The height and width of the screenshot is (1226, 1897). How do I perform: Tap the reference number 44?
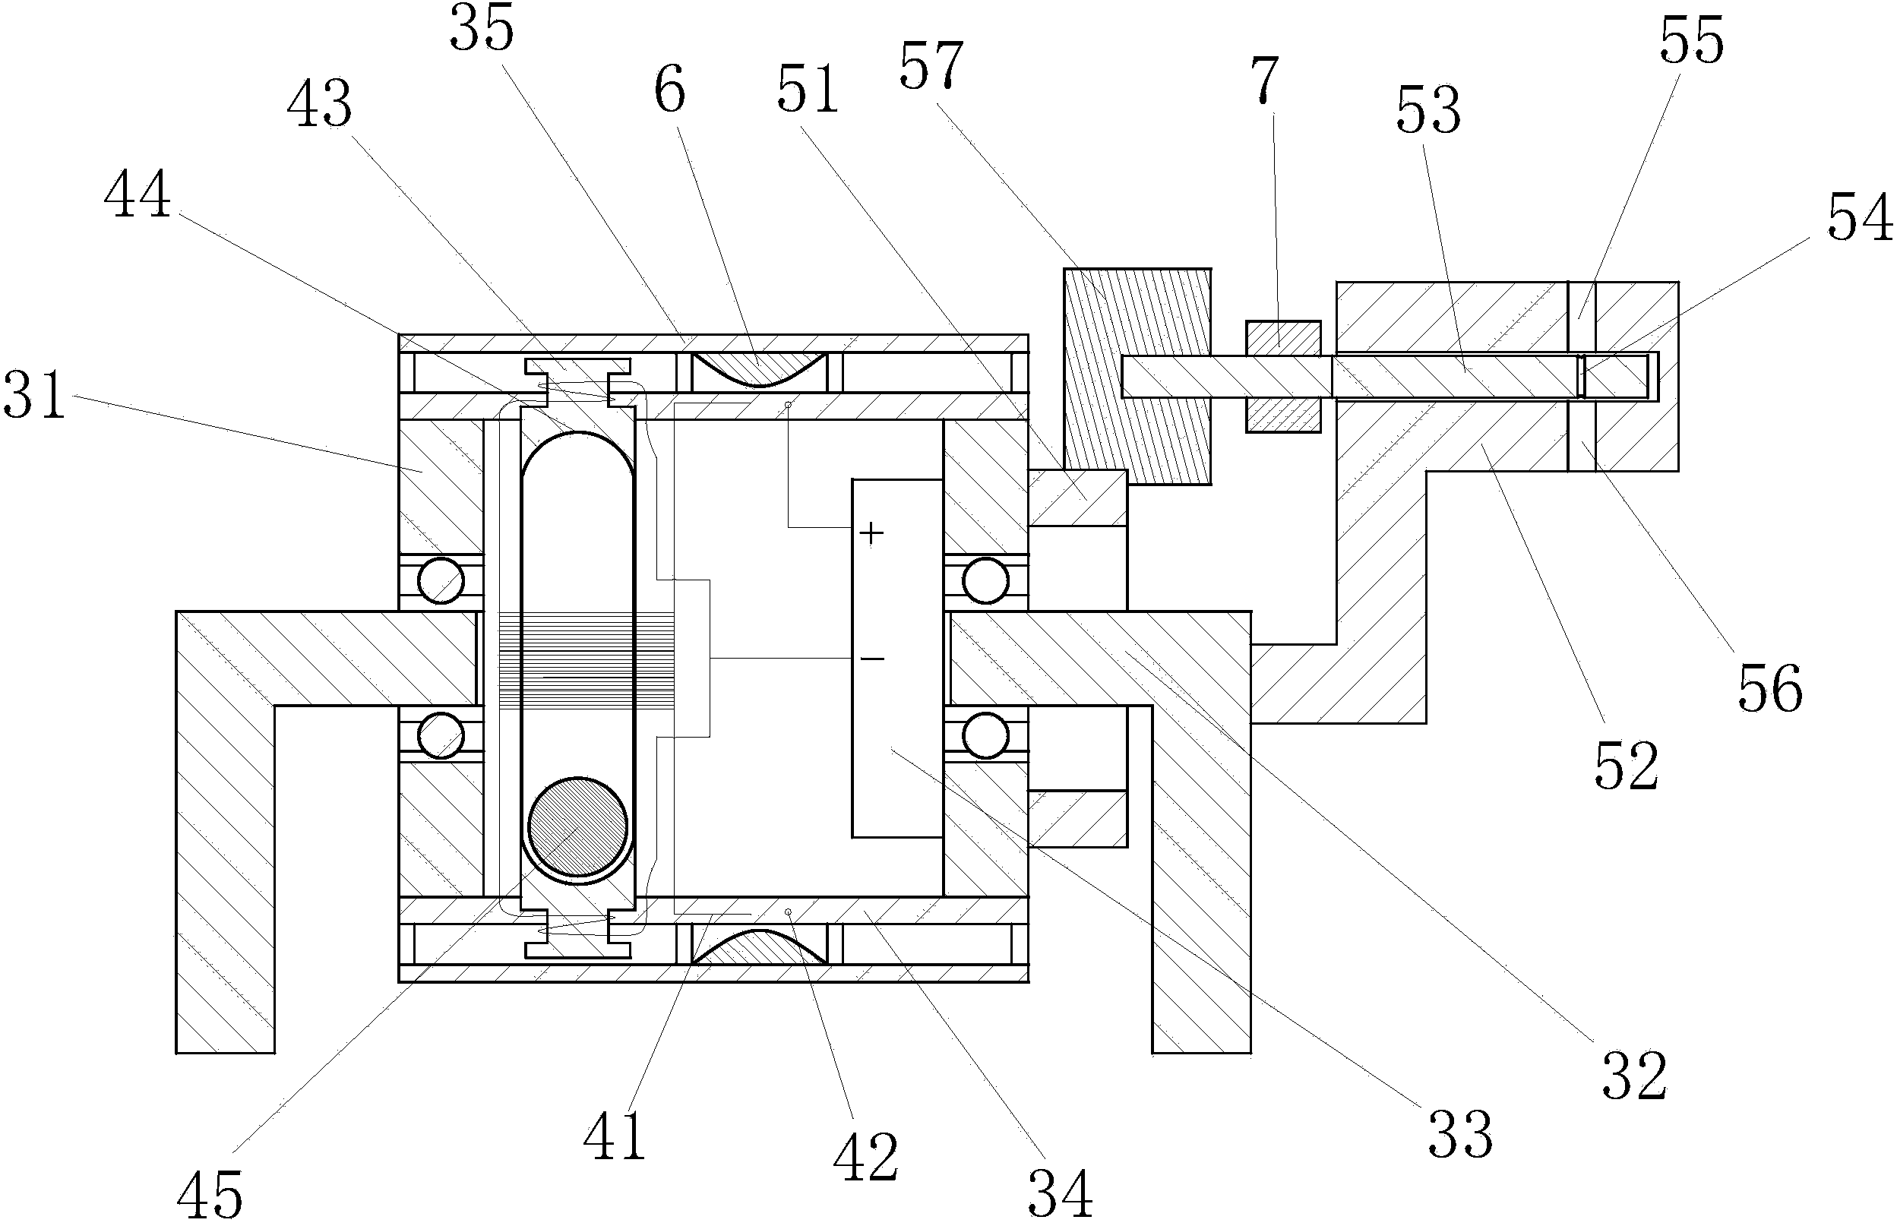[x=137, y=195]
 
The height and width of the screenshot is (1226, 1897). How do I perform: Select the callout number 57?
[x=931, y=65]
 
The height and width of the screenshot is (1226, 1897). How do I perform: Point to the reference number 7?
[x=1264, y=80]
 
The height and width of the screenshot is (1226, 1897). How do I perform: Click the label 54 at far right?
[x=1860, y=217]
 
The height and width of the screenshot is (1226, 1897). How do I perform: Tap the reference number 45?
[x=210, y=1195]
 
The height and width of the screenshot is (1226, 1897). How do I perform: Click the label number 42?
[x=865, y=1158]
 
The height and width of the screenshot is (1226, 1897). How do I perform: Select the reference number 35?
[x=482, y=29]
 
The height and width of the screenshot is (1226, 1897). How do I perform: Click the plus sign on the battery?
[x=871, y=532]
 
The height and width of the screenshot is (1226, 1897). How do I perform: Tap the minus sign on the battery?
[x=872, y=659]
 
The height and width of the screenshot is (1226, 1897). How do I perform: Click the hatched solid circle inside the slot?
[x=578, y=826]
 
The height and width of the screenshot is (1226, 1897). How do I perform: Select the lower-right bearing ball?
[x=985, y=735]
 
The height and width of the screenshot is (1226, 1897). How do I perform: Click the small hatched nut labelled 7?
[x=1283, y=377]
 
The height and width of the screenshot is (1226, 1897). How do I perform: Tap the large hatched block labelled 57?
[x=1137, y=376]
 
